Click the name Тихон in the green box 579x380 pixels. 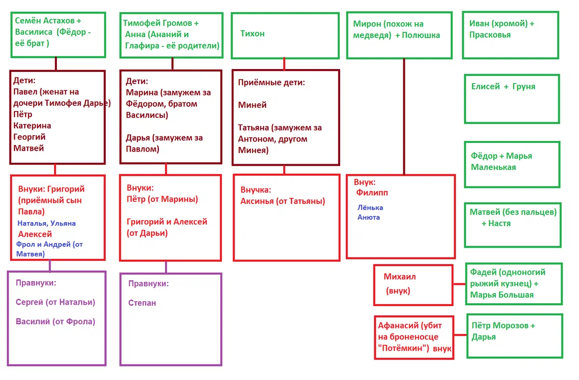click(252, 34)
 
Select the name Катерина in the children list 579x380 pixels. click(32, 126)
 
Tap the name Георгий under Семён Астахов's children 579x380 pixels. click(29, 137)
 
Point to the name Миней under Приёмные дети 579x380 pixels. click(252, 105)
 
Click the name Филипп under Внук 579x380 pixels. click(372, 193)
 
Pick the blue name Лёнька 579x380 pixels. click(370, 208)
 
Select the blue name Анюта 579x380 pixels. click(369, 217)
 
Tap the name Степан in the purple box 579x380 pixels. click(142, 303)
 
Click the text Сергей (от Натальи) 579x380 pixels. click(55, 302)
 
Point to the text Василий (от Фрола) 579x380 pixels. click(55, 322)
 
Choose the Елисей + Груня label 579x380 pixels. click(503, 86)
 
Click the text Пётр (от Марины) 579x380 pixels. click(162, 199)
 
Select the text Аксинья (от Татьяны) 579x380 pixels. click(283, 201)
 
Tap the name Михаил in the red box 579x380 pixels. click(400, 277)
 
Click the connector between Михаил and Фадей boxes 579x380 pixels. click(459, 284)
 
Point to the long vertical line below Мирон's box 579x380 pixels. click(404, 117)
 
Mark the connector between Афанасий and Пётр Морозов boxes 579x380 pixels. click(460, 335)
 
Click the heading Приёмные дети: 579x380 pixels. click(271, 83)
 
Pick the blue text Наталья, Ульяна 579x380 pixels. click(46, 223)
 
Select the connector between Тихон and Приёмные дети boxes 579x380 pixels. click(284, 64)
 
